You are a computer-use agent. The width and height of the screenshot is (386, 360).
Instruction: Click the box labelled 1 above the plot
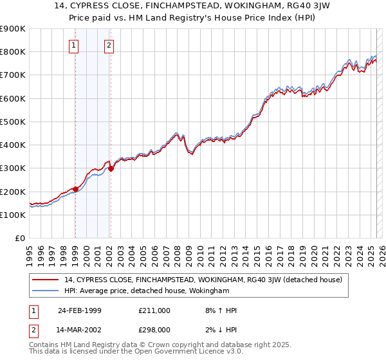click(x=75, y=45)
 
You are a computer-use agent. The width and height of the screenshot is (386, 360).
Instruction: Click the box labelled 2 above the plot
click(x=109, y=45)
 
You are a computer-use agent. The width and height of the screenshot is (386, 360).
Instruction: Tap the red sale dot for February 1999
click(x=75, y=189)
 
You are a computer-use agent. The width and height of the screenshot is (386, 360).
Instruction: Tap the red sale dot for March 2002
click(x=111, y=169)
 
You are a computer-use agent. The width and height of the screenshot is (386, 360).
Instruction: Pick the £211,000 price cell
click(x=154, y=310)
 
